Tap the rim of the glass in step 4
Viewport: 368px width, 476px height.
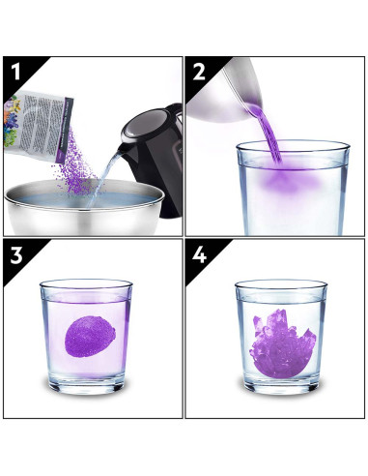click(x=280, y=283)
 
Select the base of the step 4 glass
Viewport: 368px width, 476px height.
click(x=280, y=381)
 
